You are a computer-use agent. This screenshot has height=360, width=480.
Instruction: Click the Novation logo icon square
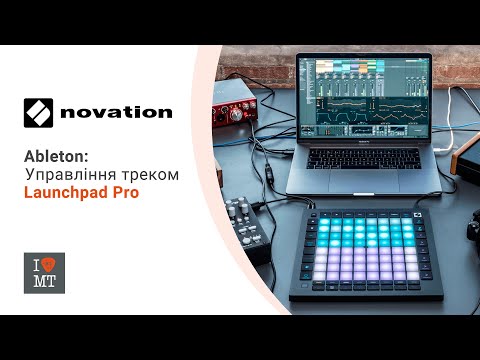pyautogui.click(x=41, y=111)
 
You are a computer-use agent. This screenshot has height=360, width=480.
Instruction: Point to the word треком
pyautogui.click(x=153, y=174)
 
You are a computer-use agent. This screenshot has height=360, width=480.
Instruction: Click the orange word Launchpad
pyautogui.click(x=67, y=192)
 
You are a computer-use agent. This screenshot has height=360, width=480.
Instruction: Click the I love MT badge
pyautogui.click(x=44, y=273)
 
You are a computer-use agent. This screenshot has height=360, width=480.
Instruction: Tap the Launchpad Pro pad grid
pyautogui.click(x=373, y=256)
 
